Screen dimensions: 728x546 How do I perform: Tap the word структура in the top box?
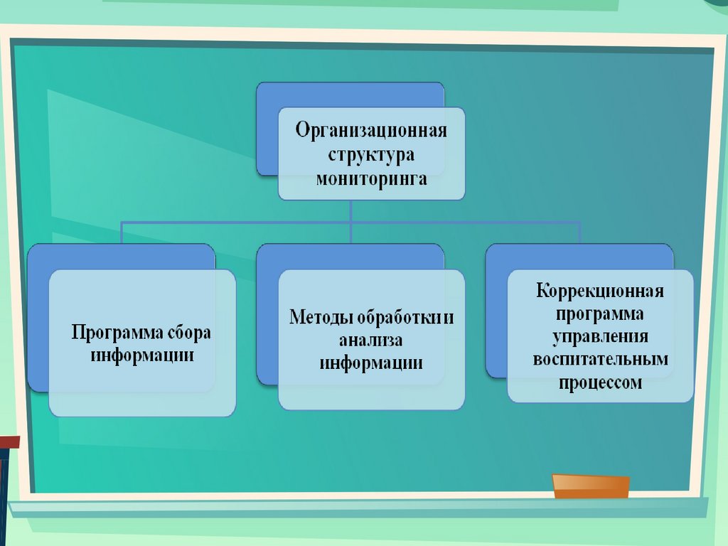coord(371,155)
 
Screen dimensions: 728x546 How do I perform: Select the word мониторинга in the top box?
coord(371,178)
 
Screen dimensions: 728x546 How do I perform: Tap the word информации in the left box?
coord(142,355)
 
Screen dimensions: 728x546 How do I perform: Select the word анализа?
coord(371,341)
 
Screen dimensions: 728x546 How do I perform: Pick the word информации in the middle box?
coord(371,363)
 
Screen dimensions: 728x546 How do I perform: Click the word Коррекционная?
coord(600,291)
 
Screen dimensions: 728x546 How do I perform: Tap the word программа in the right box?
coord(600,314)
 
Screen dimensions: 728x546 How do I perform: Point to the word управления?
coord(600,337)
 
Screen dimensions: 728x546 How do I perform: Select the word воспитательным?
coord(600,360)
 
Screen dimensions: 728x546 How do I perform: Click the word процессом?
coord(600,382)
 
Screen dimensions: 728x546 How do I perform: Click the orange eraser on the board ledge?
coord(591,486)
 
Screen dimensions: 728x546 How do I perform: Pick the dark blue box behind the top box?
coord(267,135)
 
